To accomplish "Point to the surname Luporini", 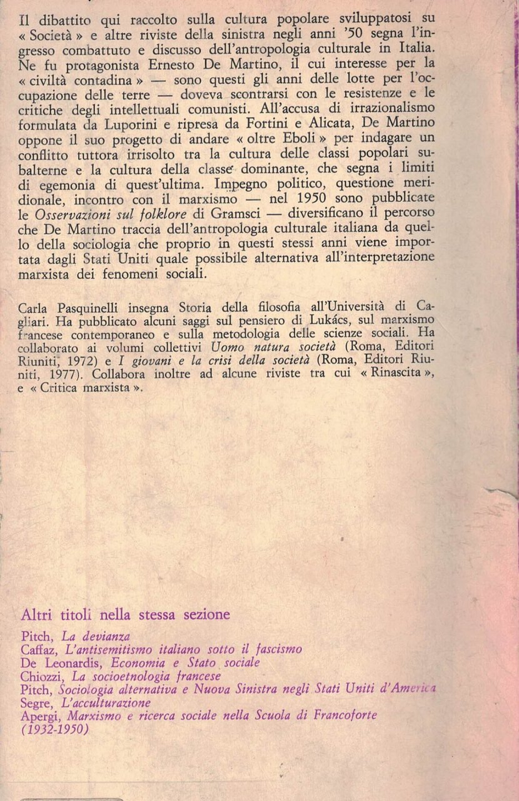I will click(x=152, y=124).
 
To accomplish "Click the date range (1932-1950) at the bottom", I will click(x=54, y=730).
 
